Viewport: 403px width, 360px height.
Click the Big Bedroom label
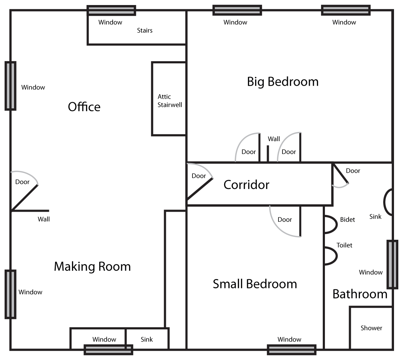(x=283, y=82)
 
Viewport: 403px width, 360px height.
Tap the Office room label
(x=84, y=107)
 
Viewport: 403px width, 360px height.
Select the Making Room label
(x=92, y=266)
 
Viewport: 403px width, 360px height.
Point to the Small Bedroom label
(x=255, y=284)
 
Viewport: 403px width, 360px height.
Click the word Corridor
(x=246, y=185)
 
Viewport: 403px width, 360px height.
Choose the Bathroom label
(x=360, y=294)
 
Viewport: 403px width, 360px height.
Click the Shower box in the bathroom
(x=371, y=328)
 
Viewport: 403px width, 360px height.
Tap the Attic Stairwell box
(x=169, y=99)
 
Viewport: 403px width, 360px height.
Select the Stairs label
(x=145, y=30)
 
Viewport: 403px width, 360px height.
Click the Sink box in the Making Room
(x=147, y=339)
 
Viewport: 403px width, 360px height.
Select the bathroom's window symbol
(x=393, y=264)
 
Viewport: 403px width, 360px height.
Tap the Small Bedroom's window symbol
(x=291, y=350)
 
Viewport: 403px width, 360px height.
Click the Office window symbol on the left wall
(x=10, y=86)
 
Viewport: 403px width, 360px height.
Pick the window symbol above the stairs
(x=111, y=10)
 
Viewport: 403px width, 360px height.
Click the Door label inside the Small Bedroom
(x=285, y=220)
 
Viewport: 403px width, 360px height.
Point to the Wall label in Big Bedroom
(x=274, y=139)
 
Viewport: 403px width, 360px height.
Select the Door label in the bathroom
(x=353, y=171)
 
